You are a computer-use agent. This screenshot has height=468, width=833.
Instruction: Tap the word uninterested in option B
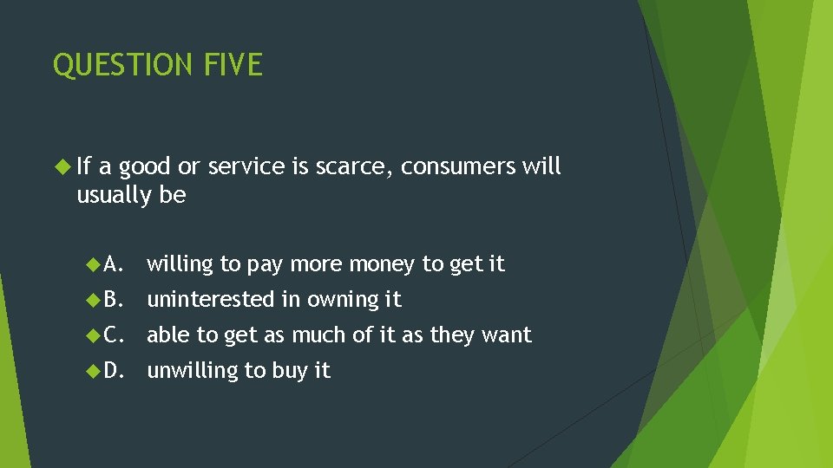pyautogui.click(x=210, y=299)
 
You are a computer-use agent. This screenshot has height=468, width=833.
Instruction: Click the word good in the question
pyautogui.click(x=144, y=166)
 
